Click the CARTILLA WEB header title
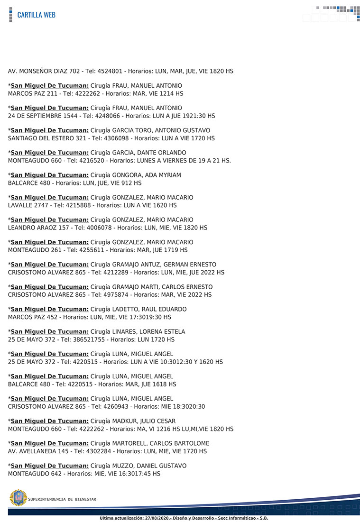pyautogui.click(x=36, y=15)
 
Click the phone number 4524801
pyautogui.click(x=111, y=71)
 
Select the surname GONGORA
pyautogui.click(x=126, y=175)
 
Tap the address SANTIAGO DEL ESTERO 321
pyautogui.click(x=47, y=138)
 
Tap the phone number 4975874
pyautogui.click(x=112, y=295)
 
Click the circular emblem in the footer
pyautogui.click(x=18, y=498)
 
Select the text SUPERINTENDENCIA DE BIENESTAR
pyautogui.click(x=62, y=499)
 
